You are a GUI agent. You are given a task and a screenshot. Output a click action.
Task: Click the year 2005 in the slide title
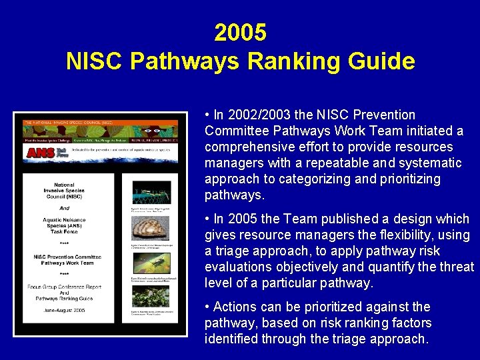(x=240, y=32)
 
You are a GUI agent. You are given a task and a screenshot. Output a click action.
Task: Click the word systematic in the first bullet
(x=431, y=163)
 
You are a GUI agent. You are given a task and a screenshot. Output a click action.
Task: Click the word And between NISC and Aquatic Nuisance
(x=65, y=208)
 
